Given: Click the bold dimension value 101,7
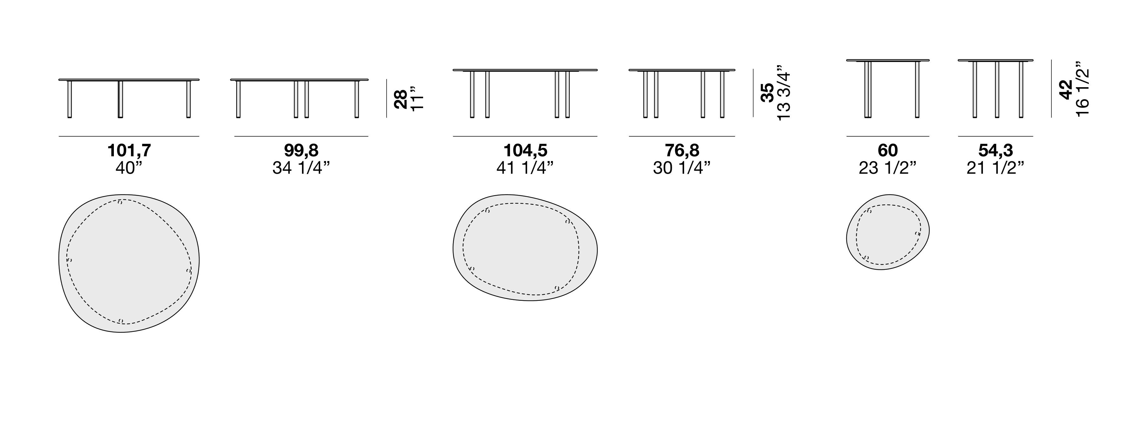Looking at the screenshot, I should tap(129, 151).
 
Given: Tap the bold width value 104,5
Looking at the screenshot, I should tap(525, 151).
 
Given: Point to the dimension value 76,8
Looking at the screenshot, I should tap(682, 151).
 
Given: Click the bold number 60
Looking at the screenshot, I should tap(887, 151).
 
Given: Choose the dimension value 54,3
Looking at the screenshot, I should tap(995, 151).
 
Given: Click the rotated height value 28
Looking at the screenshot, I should tap(401, 99).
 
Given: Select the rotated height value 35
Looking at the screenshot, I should tap(767, 93).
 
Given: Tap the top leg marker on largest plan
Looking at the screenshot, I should tap(120, 202).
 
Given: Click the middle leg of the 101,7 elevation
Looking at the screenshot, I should tap(120, 99).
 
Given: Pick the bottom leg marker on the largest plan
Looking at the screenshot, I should tap(121, 321).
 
